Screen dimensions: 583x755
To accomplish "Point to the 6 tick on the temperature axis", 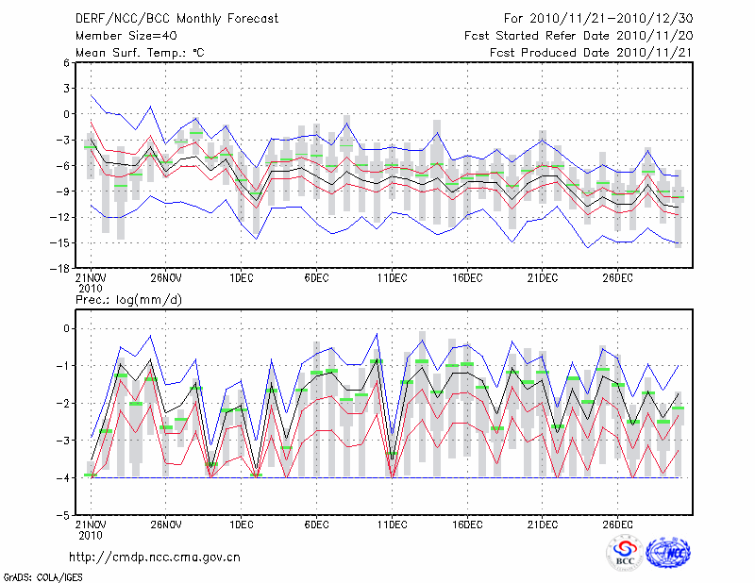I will click(x=66, y=62).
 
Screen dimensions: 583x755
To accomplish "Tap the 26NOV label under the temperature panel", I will click(x=165, y=278).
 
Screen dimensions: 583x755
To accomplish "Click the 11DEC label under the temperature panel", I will click(x=392, y=278).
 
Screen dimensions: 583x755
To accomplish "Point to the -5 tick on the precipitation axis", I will click(x=63, y=516).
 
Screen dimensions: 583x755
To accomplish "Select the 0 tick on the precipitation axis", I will click(x=66, y=328).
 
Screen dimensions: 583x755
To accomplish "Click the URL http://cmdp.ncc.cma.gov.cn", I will click(x=155, y=557).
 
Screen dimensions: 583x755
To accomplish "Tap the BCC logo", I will click(x=624, y=554).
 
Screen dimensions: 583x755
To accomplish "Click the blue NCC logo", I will click(x=667, y=553).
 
